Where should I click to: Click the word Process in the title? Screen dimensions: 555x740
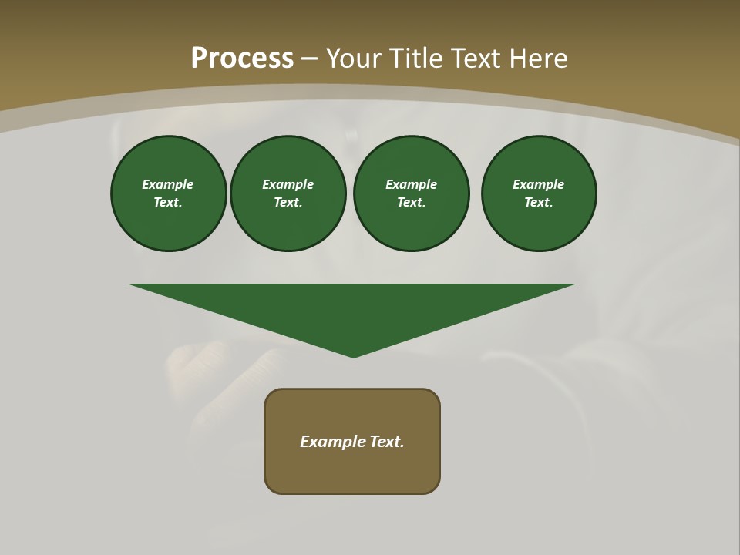pyautogui.click(x=242, y=59)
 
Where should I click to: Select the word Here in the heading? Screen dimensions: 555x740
pyautogui.click(x=539, y=59)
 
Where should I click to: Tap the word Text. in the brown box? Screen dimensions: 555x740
pyautogui.click(x=386, y=442)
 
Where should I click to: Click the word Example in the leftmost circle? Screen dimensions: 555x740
pyautogui.click(x=168, y=184)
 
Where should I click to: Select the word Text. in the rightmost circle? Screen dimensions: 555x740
pyautogui.click(x=539, y=202)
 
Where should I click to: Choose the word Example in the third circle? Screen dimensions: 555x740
pyautogui.click(x=411, y=184)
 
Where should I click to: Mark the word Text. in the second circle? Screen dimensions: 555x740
pyautogui.click(x=288, y=202)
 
